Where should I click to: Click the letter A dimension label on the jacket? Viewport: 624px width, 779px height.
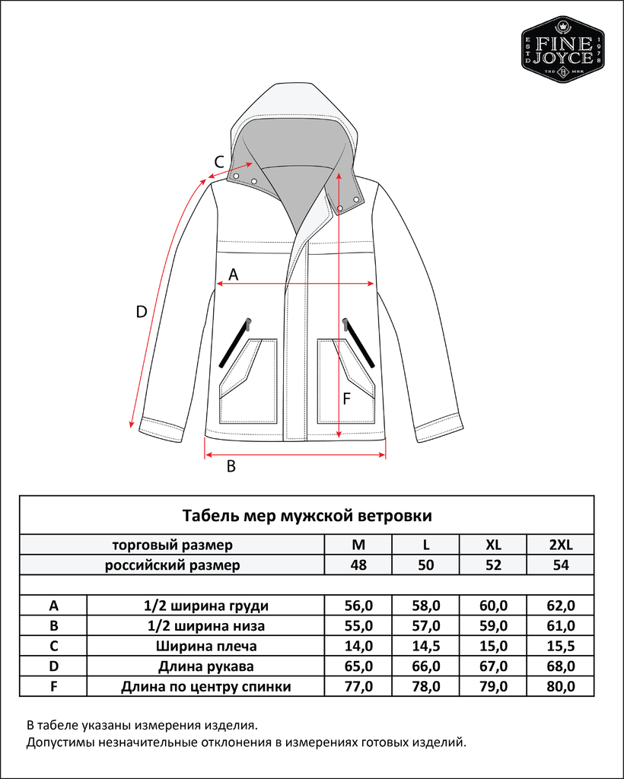tap(234, 275)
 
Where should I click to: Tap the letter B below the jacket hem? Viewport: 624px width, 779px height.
tap(232, 466)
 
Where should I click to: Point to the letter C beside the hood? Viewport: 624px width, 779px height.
tap(218, 161)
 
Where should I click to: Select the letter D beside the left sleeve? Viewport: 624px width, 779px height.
tap(141, 312)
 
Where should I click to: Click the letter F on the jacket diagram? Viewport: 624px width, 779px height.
tap(346, 399)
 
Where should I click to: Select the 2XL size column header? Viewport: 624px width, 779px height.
tap(560, 545)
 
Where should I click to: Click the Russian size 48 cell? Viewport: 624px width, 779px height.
tap(358, 565)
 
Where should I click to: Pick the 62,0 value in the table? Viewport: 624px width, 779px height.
tap(560, 606)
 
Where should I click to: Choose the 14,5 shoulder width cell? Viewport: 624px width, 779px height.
tap(426, 647)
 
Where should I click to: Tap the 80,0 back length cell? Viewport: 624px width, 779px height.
tap(560, 687)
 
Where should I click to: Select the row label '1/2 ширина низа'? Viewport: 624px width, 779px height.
tap(205, 626)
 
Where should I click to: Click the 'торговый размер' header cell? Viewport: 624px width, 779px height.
tap(172, 545)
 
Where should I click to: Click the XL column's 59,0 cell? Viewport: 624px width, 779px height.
tap(493, 626)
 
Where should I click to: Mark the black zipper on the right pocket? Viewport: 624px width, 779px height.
tap(359, 342)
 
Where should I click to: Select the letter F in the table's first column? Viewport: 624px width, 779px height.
tap(53, 687)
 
